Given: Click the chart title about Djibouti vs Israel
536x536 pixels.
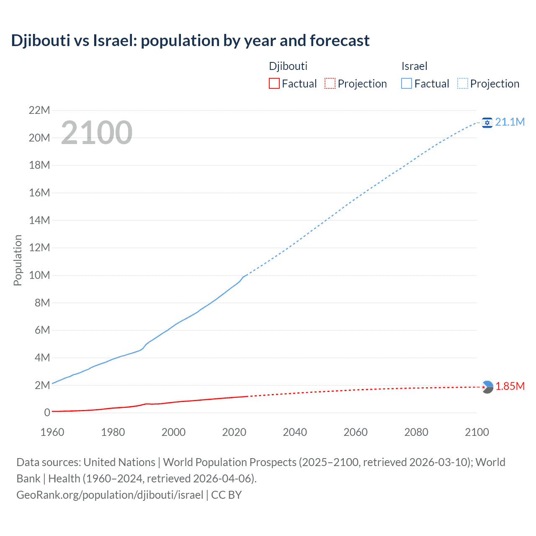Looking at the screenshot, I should (190, 41).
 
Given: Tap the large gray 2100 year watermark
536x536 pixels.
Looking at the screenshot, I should (97, 133).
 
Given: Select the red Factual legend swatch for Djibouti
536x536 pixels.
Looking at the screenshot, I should (274, 84).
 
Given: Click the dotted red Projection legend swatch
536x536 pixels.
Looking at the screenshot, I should (330, 84).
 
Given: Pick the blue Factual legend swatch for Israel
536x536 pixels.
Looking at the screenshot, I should (407, 84).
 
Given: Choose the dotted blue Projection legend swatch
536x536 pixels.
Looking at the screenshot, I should (463, 84).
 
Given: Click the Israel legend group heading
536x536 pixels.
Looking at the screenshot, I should (414, 66).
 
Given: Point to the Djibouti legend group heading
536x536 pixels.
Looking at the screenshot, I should (288, 66).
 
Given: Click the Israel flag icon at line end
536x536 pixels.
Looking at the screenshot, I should (487, 122).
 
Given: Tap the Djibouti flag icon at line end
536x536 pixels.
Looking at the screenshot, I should (487, 387).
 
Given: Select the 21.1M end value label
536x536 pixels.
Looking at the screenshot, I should (510, 122).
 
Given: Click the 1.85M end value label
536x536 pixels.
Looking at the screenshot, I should (510, 386).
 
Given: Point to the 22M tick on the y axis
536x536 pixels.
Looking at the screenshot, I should (39, 111).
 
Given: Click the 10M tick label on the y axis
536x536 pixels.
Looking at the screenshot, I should (39, 276).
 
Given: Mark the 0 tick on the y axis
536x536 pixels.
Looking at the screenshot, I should (47, 413).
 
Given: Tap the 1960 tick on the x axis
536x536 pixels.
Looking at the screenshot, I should (52, 432).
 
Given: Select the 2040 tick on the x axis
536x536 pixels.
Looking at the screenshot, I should (295, 432).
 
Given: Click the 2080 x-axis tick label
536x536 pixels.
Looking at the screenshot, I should (416, 432).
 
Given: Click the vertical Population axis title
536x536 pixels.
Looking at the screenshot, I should (18, 260).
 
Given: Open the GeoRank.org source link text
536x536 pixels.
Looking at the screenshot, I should (110, 495).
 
